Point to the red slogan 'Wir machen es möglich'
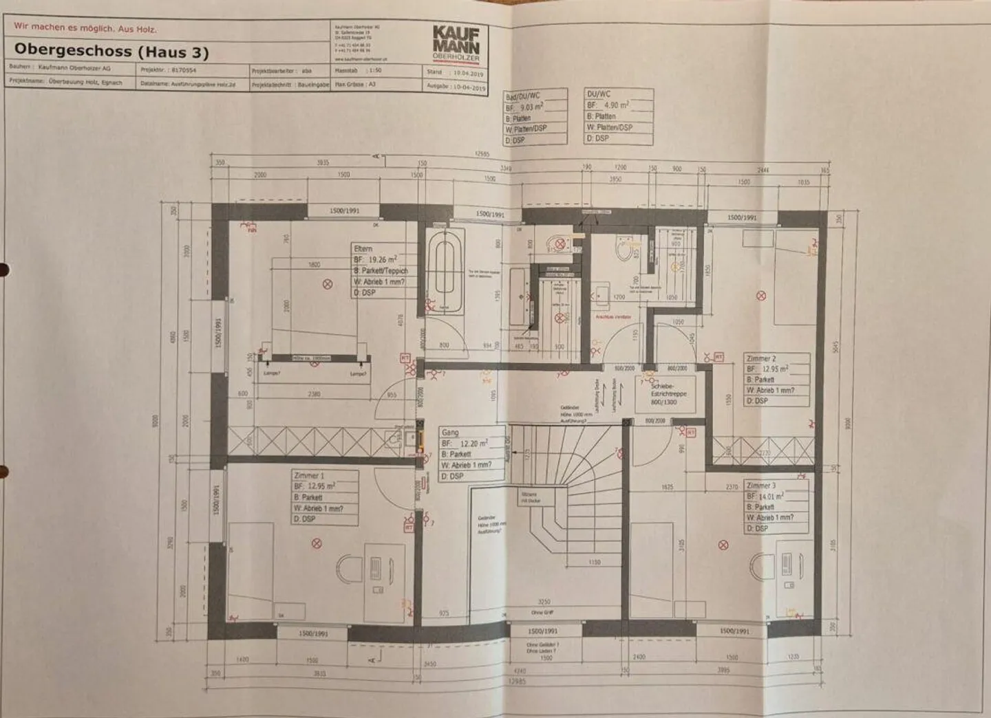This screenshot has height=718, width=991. [x=85, y=29]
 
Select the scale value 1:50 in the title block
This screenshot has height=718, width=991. [x=375, y=71]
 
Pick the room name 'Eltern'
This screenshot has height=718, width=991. [x=363, y=248]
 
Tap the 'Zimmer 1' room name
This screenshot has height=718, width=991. [x=308, y=475]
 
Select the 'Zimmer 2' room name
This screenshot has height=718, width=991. [x=760, y=358]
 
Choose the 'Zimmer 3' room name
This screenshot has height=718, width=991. [x=761, y=486]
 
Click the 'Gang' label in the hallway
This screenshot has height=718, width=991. [x=450, y=433]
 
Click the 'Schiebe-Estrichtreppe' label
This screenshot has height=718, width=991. [x=663, y=390]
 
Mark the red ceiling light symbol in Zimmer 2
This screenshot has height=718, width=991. [x=760, y=296]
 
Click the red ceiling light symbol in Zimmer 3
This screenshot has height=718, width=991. [x=723, y=545]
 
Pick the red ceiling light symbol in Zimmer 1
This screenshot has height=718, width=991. [x=317, y=544]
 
